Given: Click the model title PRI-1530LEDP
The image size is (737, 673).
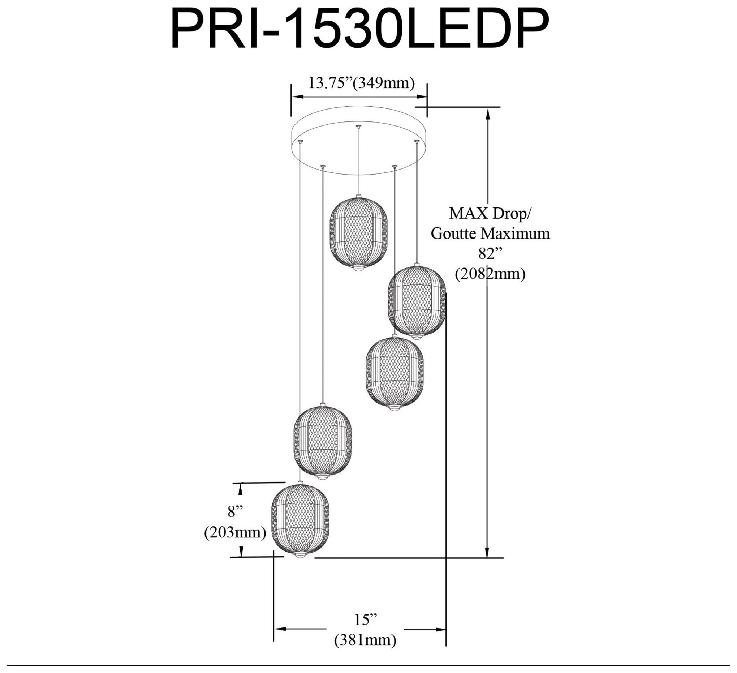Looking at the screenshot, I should [x=360, y=29].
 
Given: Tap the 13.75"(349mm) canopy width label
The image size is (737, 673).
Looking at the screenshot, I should [x=361, y=83].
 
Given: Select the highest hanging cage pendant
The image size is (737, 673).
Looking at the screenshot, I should [x=358, y=234].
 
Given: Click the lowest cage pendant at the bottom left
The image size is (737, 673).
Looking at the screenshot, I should [x=300, y=519].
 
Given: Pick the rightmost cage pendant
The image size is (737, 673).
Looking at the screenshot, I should [x=417, y=301].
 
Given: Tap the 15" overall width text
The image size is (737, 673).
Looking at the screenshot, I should [x=365, y=620].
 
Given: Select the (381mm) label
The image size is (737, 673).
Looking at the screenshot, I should [x=365, y=640].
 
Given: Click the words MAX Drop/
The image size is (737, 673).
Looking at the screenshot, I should [x=490, y=214].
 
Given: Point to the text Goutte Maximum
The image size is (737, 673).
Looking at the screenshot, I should [x=490, y=233].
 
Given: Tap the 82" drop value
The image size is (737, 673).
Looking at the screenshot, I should [x=490, y=253].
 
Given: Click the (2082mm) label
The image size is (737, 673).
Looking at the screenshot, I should [x=490, y=274].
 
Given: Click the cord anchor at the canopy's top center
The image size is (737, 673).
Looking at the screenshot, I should [x=358, y=126].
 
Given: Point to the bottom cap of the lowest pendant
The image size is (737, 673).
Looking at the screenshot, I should [x=300, y=556].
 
